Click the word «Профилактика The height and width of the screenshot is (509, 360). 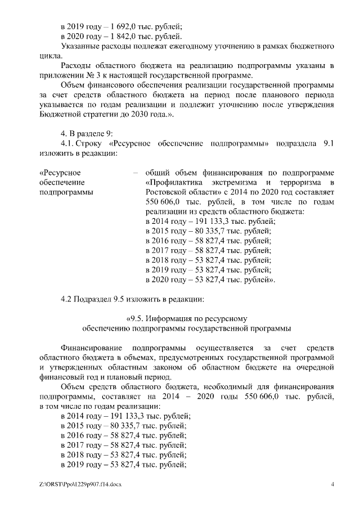tap(175, 182)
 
